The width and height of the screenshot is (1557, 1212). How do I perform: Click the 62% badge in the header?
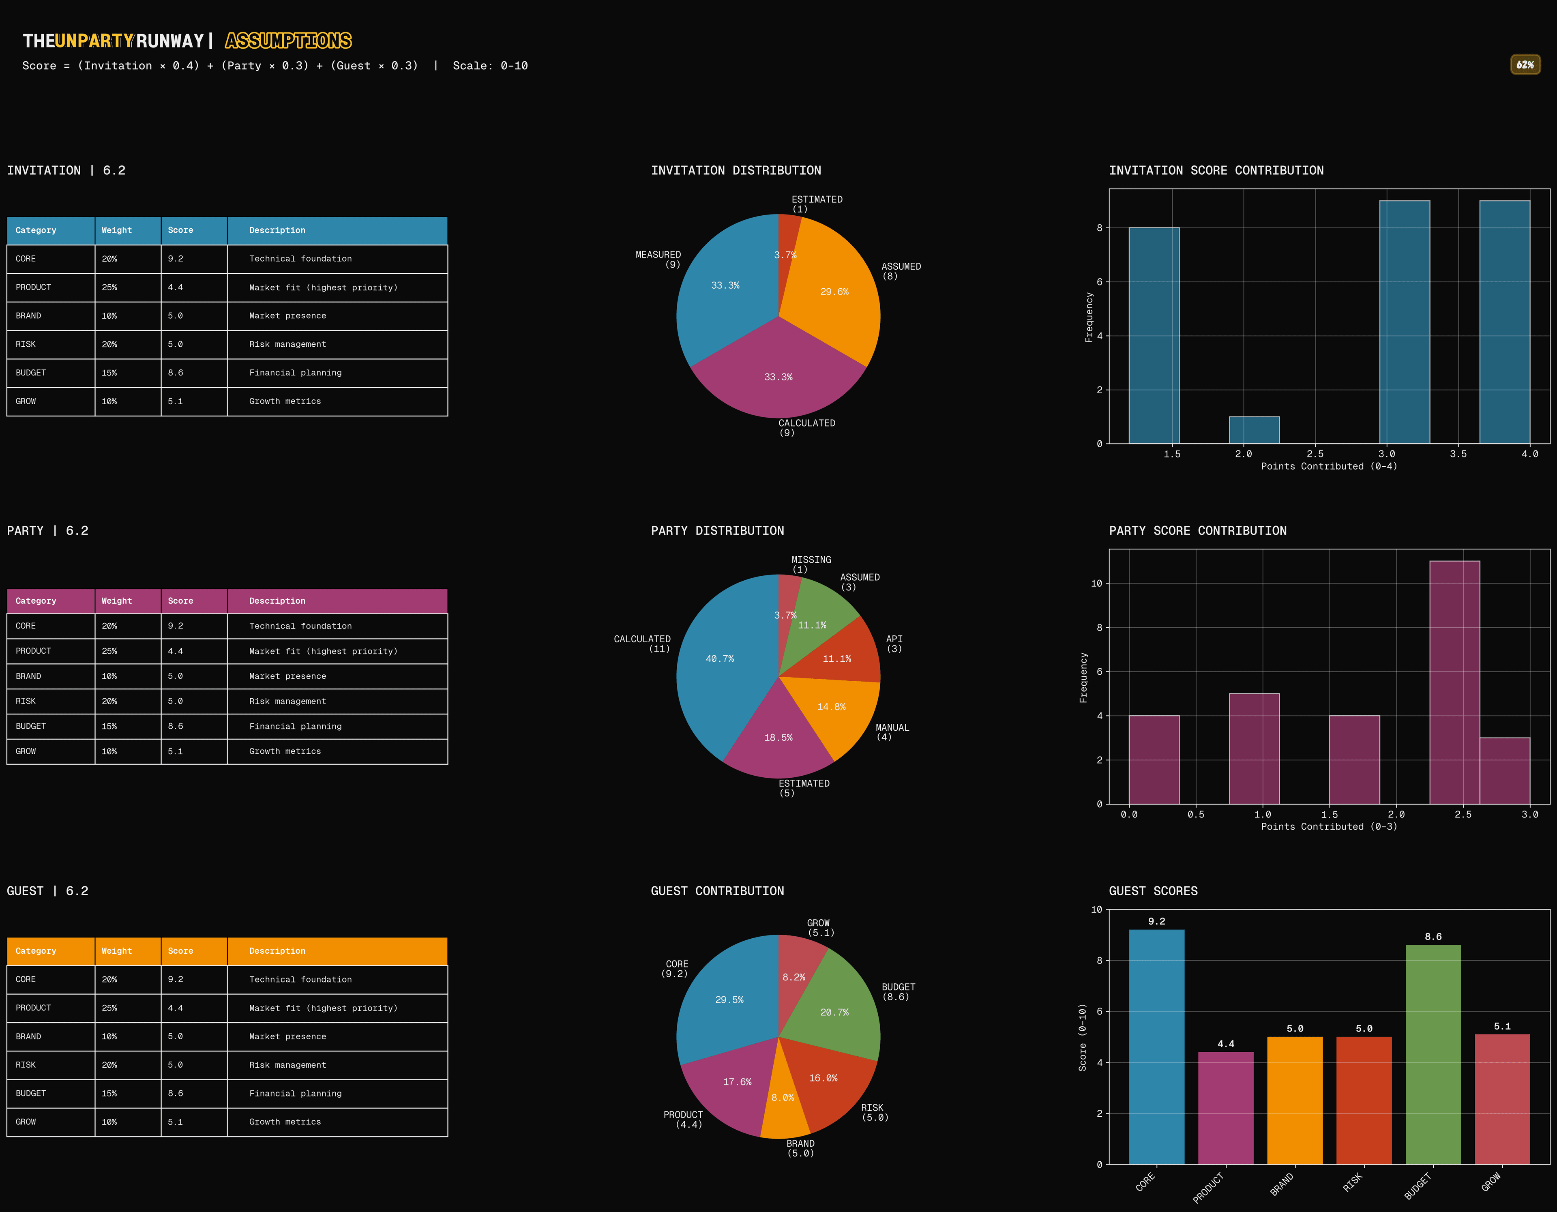pos(1525,65)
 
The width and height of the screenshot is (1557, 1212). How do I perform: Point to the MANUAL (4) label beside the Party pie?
pos(892,732)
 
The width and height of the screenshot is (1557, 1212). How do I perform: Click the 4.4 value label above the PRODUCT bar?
pos(1225,1044)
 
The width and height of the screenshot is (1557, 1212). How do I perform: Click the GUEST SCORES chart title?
pos(1153,891)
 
